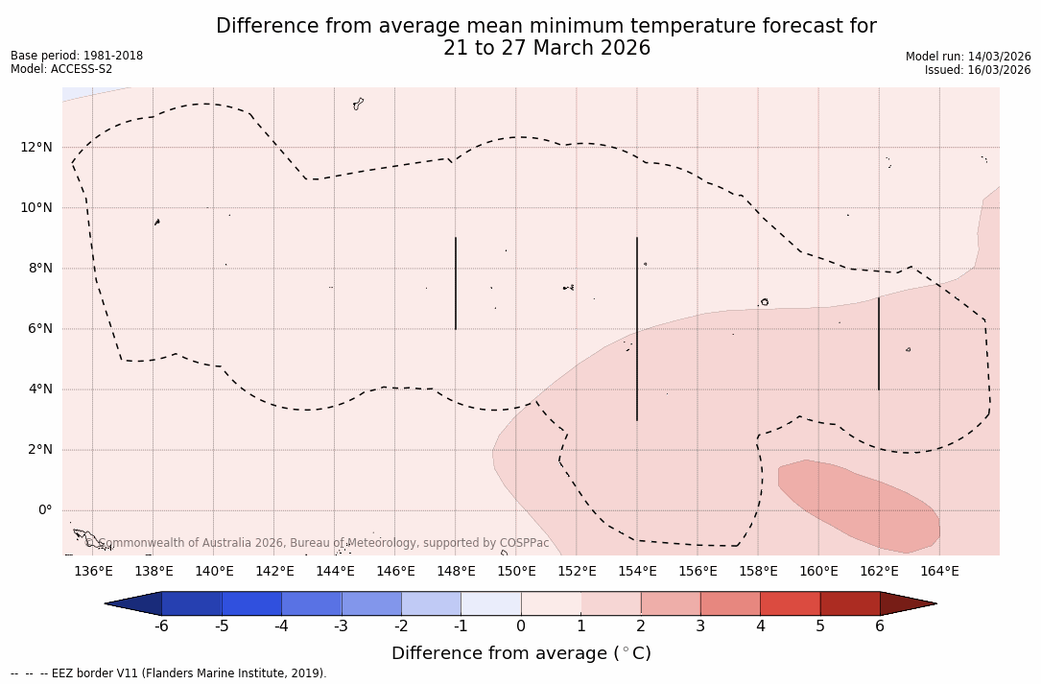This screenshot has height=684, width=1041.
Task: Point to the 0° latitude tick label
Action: (x=44, y=510)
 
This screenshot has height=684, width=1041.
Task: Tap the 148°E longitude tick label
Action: (x=456, y=572)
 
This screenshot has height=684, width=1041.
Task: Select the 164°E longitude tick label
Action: (x=939, y=572)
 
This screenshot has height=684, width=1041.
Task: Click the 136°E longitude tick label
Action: (x=93, y=572)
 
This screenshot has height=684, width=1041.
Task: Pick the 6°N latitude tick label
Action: (x=39, y=329)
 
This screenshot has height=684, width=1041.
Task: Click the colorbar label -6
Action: (x=161, y=626)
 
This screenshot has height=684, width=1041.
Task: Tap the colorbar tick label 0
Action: (x=521, y=626)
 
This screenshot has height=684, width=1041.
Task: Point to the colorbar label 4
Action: (x=760, y=626)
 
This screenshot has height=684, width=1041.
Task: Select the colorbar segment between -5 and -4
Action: (x=251, y=603)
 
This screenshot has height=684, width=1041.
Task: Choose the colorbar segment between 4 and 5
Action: (x=790, y=603)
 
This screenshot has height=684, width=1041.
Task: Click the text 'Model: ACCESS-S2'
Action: (x=61, y=69)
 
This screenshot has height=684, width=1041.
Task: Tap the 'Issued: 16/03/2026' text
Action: (x=978, y=70)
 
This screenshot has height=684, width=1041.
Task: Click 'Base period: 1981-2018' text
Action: (x=77, y=56)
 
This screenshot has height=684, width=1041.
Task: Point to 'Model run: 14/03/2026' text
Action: (x=968, y=57)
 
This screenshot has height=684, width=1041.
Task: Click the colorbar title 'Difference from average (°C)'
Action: (x=521, y=653)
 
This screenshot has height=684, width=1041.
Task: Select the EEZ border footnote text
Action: (x=169, y=673)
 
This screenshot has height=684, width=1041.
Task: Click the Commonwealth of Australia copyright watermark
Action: (x=318, y=543)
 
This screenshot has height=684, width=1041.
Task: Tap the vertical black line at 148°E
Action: (x=456, y=283)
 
